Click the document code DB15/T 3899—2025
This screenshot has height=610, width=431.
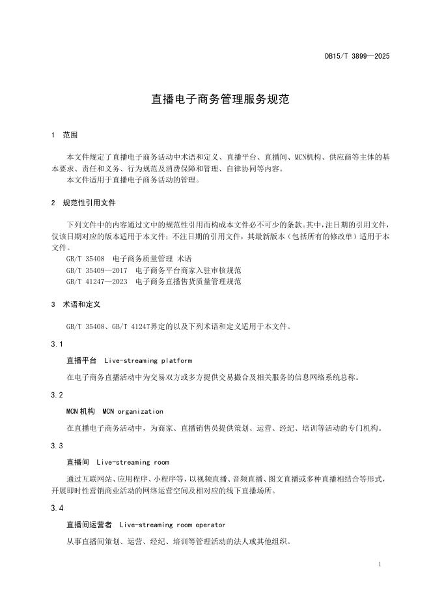[357, 57]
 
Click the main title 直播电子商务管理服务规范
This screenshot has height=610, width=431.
[215, 100]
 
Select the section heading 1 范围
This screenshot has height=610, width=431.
[64, 136]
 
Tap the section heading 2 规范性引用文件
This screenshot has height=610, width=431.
[83, 203]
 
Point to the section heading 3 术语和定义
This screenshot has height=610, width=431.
[76, 304]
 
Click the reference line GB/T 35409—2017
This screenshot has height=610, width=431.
[154, 270]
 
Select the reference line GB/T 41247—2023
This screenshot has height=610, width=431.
[154, 282]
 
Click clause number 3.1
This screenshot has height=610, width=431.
[57, 343]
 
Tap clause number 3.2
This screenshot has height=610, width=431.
[57, 395]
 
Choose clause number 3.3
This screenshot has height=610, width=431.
[57, 446]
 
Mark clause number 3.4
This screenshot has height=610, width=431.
[57, 508]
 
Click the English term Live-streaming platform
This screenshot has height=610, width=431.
[148, 360]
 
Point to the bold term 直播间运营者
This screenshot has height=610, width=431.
[89, 525]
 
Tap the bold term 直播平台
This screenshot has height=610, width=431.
[81, 360]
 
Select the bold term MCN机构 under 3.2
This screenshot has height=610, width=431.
[81, 411]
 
